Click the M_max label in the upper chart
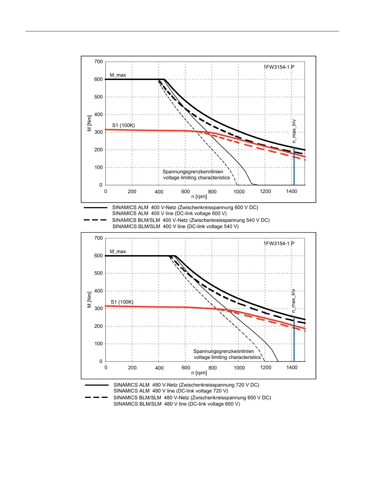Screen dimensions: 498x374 (118, 75)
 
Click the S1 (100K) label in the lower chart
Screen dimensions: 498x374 (122, 302)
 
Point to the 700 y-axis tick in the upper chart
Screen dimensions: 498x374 (99, 62)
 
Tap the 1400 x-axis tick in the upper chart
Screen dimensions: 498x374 (291, 191)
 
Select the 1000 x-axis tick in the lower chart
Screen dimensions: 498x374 (239, 368)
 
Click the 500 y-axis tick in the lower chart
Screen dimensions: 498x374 (99, 273)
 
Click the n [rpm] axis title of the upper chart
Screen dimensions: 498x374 (199, 197)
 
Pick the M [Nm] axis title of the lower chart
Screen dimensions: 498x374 (89, 300)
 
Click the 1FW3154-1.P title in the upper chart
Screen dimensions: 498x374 (279, 67)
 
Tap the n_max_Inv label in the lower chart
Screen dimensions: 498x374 (293, 301)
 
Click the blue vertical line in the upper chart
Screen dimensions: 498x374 (294, 166)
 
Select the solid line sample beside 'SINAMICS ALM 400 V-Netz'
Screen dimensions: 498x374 (95, 208)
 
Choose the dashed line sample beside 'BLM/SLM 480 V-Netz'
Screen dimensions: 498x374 (96, 398)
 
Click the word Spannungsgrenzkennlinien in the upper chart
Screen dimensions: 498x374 (193, 172)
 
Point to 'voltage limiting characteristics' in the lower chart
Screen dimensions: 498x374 (227, 357)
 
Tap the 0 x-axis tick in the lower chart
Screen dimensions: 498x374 (106, 368)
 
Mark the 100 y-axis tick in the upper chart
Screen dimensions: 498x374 (99, 168)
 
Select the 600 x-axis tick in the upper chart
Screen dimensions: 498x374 (186, 191)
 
